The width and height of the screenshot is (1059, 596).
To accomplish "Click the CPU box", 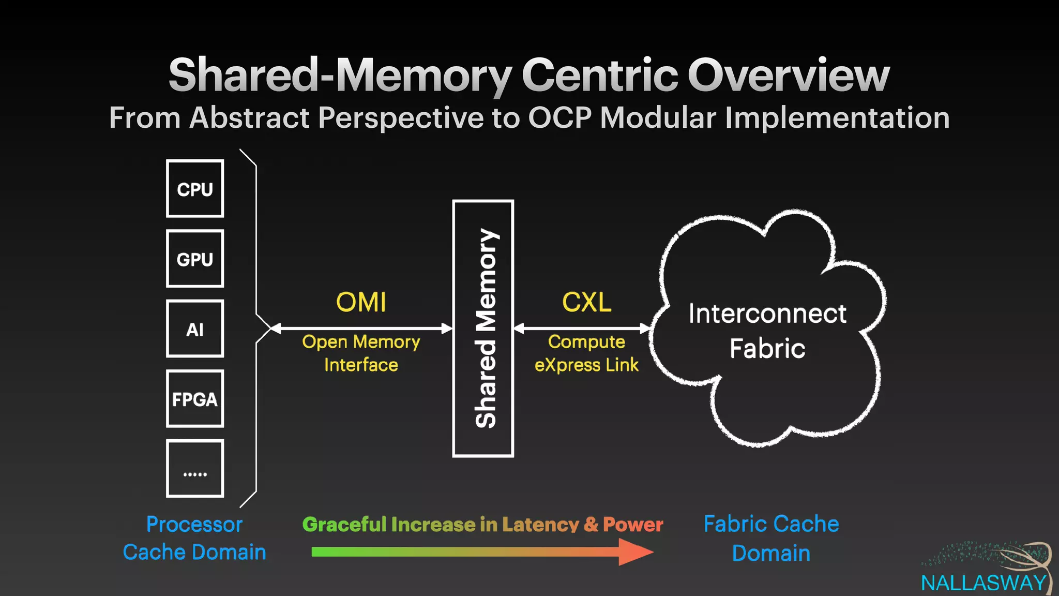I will [195, 189].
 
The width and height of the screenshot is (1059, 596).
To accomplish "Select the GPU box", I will [195, 259].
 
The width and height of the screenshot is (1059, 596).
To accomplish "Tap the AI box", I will [195, 329].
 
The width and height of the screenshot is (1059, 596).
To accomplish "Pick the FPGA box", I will [195, 399].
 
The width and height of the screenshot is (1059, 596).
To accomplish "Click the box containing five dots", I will [195, 469].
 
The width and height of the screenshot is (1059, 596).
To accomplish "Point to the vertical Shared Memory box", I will [483, 329].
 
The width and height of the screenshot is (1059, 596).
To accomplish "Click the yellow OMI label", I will [361, 302].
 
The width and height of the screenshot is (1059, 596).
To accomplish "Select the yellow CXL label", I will [586, 302].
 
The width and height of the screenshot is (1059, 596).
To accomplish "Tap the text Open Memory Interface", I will [361, 353].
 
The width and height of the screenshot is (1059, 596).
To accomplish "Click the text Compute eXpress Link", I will [586, 353].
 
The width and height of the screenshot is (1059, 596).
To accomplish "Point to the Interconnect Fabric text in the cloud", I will [767, 331].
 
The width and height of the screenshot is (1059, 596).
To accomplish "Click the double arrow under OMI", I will [361, 328].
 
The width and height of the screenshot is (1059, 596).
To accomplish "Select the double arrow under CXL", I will [582, 328].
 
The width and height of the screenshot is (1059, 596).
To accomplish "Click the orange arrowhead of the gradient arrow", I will [636, 552].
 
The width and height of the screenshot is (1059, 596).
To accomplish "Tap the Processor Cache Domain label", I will [194, 538].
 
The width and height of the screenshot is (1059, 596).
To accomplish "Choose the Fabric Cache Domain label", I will [771, 538].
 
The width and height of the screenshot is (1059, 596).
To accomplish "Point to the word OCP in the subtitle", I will [559, 118].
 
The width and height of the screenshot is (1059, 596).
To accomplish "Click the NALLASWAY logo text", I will [984, 584].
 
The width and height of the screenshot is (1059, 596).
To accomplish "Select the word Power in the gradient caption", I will [633, 525].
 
